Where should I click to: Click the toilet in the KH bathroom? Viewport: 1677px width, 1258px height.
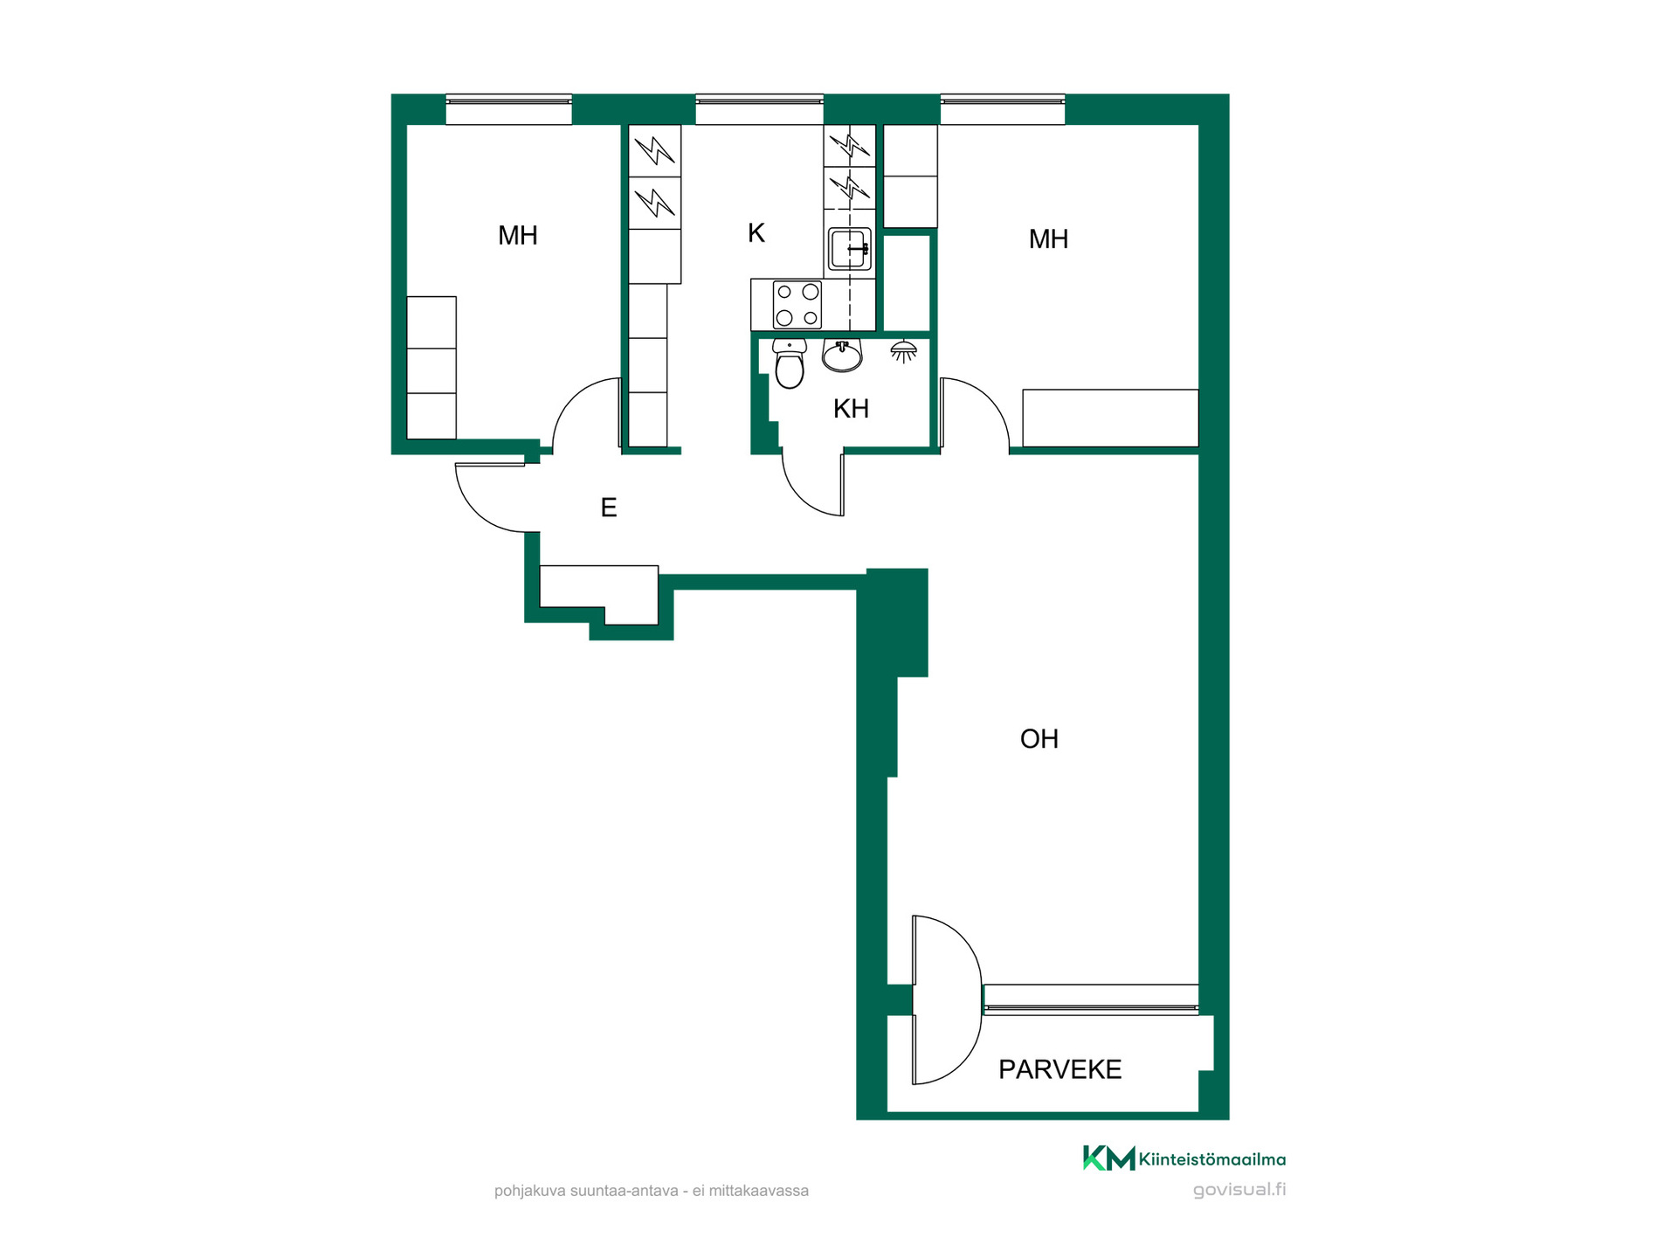point(790,364)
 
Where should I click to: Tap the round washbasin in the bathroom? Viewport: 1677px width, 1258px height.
point(842,356)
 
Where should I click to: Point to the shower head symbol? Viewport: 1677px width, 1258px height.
point(903,351)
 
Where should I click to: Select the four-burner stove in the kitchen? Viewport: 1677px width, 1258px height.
point(797,304)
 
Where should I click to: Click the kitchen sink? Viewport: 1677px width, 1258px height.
point(850,249)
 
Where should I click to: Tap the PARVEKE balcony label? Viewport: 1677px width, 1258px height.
point(1059,1069)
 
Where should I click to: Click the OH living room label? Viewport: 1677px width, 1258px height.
point(1039,739)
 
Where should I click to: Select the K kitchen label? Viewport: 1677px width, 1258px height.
point(756,232)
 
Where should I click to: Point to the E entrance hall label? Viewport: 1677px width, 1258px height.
point(609,508)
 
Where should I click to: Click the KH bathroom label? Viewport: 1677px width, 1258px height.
point(851,408)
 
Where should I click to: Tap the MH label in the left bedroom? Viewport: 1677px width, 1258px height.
point(518,235)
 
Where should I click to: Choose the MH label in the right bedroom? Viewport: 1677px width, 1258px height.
point(1048,238)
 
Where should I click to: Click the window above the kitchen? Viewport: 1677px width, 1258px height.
point(759,109)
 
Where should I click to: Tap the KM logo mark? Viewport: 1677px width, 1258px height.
point(1108,1158)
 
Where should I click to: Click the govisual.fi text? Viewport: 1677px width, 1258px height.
point(1239,1189)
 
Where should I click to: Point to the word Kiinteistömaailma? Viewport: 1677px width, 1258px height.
point(1212,1159)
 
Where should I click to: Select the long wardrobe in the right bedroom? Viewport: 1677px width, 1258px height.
point(1110,418)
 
